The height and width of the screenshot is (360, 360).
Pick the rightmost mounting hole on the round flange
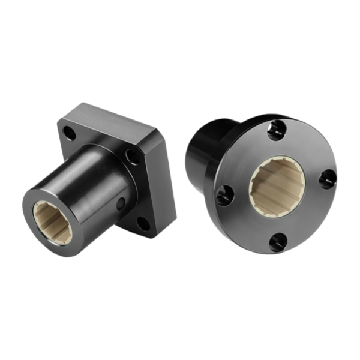[x=327, y=178]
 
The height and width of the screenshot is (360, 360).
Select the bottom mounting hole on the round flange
[x=277, y=242]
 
